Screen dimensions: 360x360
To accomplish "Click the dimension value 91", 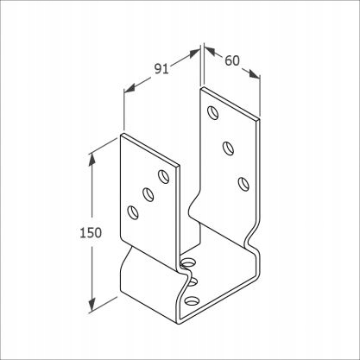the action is click(161, 69).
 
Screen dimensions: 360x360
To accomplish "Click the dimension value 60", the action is click(232, 60).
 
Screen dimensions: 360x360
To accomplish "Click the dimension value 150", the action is click(91, 232).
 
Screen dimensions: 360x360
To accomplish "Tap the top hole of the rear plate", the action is click(213, 112).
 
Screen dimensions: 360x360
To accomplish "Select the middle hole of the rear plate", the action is click(229, 148).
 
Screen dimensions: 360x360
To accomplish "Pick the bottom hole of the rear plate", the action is click(243, 184).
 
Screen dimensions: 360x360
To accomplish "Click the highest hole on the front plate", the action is click(164, 177).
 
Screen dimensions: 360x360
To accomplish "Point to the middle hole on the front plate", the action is click(148, 194).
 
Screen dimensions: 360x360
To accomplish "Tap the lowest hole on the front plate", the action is click(133, 212).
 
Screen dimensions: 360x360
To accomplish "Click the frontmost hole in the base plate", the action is click(192, 301).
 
